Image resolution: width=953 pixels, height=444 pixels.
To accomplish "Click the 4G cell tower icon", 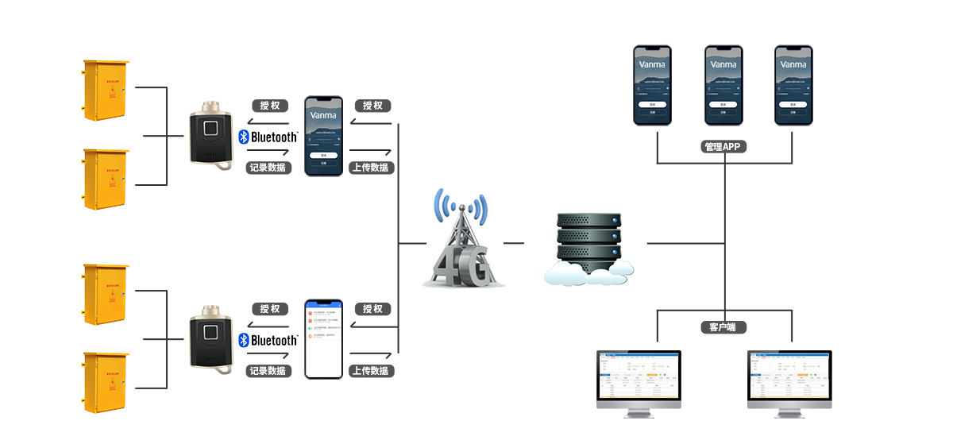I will [x=462, y=238].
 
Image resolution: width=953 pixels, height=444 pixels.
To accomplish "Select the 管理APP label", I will [x=723, y=147].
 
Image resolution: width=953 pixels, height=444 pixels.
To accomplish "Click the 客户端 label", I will [x=723, y=326].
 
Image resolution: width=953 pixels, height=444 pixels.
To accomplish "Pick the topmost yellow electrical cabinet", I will [x=106, y=90].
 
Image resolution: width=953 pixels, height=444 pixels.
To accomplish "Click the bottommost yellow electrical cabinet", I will [x=106, y=383].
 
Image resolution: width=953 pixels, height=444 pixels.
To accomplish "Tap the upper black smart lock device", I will [x=210, y=136].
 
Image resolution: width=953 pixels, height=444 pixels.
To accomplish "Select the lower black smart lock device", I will [x=210, y=339].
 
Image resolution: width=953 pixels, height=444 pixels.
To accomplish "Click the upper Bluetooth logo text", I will [x=268, y=137].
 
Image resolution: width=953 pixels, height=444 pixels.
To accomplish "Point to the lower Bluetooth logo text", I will [x=268, y=341].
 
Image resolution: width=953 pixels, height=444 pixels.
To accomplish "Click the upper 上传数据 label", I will [x=371, y=168].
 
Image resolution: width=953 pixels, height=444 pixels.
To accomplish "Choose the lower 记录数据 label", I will [x=268, y=371].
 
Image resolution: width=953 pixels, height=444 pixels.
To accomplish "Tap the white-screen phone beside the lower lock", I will [x=324, y=339].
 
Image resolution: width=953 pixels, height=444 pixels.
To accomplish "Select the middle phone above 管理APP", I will [x=723, y=85].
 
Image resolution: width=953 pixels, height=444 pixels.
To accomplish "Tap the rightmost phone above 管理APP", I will [x=793, y=85].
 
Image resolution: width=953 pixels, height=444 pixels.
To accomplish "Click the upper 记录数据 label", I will [x=268, y=168].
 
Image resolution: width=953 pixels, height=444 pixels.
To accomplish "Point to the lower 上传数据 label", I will [x=371, y=371].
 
